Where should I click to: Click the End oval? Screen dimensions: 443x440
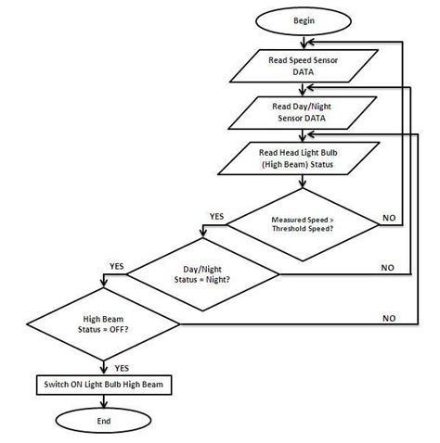pyautogui.click(x=103, y=421)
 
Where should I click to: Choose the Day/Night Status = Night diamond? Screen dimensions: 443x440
pyautogui.click(x=202, y=273)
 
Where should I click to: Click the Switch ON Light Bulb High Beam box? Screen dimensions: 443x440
pyautogui.click(x=103, y=384)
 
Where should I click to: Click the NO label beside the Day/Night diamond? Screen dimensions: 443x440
pyautogui.click(x=389, y=267)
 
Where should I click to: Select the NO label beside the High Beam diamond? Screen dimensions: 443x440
pyautogui.click(x=389, y=318)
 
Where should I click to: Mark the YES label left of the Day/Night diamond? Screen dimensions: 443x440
pyautogui.click(x=117, y=265)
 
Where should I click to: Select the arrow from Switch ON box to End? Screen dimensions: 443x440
pyautogui.click(x=103, y=400)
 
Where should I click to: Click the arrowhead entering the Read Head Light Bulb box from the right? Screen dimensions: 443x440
pyautogui.click(x=365, y=134)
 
